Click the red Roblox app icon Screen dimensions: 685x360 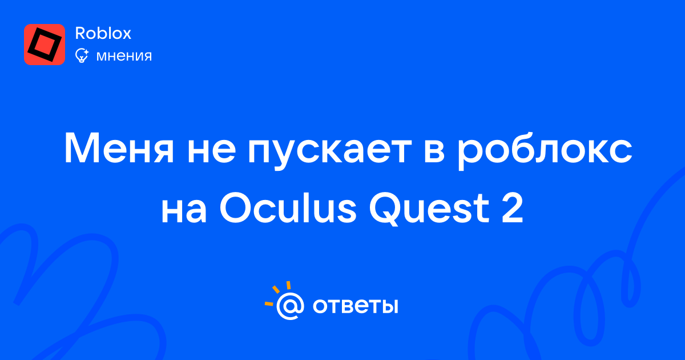pos(45,45)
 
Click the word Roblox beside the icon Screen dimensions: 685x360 pos(103,33)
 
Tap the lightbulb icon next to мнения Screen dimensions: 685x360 pos(82,55)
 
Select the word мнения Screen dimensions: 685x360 pos(124,57)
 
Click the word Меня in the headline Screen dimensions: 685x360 pos(119,148)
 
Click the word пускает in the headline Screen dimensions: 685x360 pos(330,152)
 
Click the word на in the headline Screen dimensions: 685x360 pos(184,211)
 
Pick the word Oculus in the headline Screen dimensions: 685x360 pos(288,207)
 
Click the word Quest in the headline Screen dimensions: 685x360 pos(430,209)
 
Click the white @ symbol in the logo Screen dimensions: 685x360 pos(291,306)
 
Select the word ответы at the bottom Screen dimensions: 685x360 pos(355,306)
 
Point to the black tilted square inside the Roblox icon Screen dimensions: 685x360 pos(45,45)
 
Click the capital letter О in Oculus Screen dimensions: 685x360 pos(236,208)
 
